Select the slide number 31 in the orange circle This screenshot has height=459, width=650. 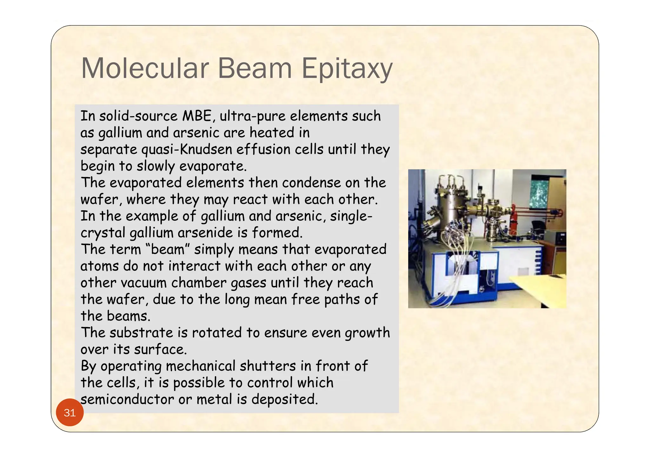coord(70,413)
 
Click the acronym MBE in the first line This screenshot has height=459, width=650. coord(197,116)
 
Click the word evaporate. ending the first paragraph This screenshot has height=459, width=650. coord(213,166)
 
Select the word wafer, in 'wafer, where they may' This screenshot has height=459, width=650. coord(102,200)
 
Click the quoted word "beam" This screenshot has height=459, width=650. coord(168,249)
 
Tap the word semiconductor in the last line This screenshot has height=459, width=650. coord(127,399)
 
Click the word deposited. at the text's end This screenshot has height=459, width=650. coord(284,399)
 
